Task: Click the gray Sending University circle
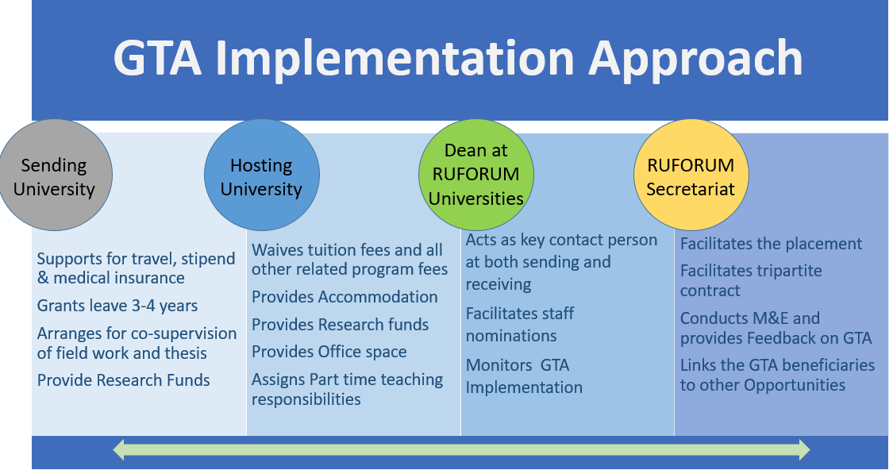tap(56, 175)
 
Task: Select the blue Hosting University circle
tap(261, 175)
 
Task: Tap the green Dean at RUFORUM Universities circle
tap(476, 175)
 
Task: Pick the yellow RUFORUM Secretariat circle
tap(691, 175)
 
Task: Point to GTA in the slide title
tap(157, 58)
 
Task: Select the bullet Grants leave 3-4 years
tap(117, 306)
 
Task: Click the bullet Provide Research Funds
tap(124, 380)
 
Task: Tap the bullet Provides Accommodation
tap(344, 297)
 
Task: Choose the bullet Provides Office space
tap(329, 352)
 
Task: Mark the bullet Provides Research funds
tap(340, 325)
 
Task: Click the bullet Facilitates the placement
tap(771, 244)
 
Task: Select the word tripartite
tap(793, 272)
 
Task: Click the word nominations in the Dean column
tap(511, 336)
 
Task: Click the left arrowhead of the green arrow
tap(119, 449)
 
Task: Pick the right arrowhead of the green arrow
tap(804, 449)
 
